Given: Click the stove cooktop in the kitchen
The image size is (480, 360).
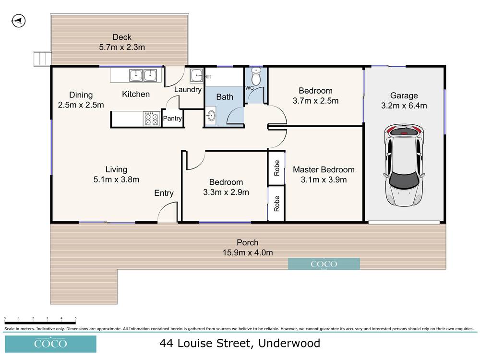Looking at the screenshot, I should pyautogui.click(x=152, y=119).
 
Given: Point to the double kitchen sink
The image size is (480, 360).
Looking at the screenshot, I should pyautogui.click(x=143, y=75).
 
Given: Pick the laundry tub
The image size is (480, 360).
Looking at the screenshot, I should pyautogui.click(x=196, y=76).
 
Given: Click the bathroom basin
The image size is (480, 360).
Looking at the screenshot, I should pyautogui.click(x=211, y=116).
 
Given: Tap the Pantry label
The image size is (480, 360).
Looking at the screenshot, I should pyautogui.click(x=173, y=119).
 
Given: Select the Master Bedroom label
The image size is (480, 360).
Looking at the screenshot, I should pyautogui.click(x=324, y=169).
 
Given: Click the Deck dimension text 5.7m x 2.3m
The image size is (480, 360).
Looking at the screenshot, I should pyautogui.click(x=122, y=48).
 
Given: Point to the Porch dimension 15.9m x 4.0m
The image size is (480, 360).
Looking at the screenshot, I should pyautogui.click(x=247, y=252).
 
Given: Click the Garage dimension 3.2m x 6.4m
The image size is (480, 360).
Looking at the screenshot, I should pyautogui.click(x=404, y=106).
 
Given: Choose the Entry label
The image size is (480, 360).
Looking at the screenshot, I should pyautogui.click(x=164, y=193).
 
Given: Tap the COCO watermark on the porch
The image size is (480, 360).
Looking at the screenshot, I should pyautogui.click(x=324, y=264).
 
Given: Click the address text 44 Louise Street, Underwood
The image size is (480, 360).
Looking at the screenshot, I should pyautogui.click(x=240, y=344).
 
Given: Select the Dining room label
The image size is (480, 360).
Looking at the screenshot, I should pyautogui.click(x=81, y=95).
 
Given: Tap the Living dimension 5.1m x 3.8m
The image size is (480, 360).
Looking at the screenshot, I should pyautogui.click(x=116, y=180).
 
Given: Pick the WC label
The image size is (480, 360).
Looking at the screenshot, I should pyautogui.click(x=250, y=88).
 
